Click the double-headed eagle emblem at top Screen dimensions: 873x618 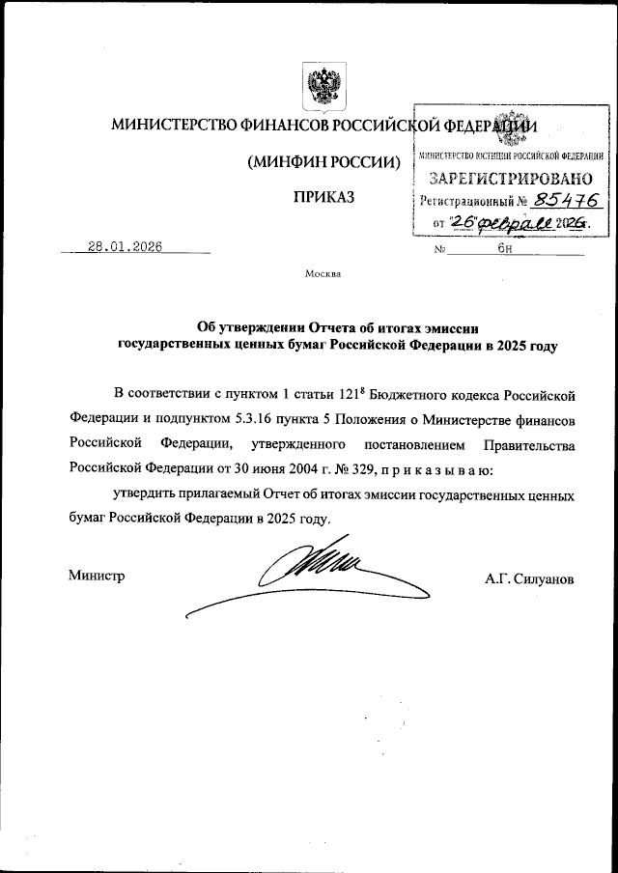tap(323, 86)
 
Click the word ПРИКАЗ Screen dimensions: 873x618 tap(323, 197)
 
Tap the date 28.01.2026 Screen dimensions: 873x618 tap(125, 246)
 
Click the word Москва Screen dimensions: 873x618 tap(323, 273)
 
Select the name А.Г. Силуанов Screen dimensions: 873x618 tap(530, 577)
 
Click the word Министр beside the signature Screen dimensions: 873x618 tap(97, 577)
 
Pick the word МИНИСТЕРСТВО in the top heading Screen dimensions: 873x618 tap(170, 126)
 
